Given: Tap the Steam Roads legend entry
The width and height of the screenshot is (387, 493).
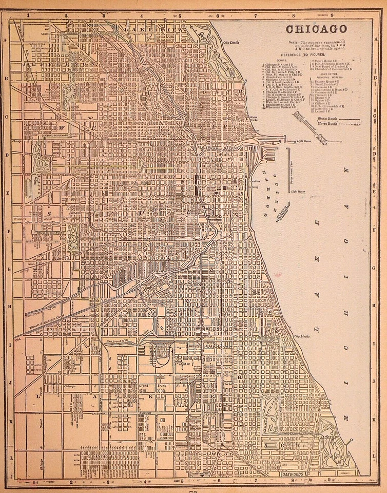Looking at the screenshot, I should [x=320, y=119].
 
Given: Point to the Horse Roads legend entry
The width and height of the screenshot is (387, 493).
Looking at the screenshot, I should [x=320, y=124].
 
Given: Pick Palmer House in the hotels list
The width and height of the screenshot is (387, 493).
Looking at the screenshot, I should [x=325, y=81].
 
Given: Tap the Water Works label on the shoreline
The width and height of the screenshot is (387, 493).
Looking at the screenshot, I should [x=253, y=119].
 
